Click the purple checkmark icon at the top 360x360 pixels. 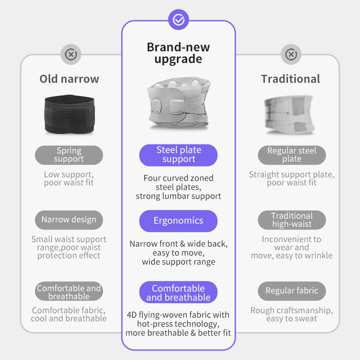178,19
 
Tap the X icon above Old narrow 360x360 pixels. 71,54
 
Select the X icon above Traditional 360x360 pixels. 291,54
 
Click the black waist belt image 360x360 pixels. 69,114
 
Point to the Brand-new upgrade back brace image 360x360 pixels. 179,103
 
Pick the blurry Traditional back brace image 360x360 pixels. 289,115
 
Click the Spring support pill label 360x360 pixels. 69,155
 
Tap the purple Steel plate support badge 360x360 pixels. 178,155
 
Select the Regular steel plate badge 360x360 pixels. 292,155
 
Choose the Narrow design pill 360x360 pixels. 69,220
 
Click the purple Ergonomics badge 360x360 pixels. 178,221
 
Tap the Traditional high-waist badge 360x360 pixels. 292,220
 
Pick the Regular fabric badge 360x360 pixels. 292,291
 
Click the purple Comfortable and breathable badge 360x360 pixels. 178,292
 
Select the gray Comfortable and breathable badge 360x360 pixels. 69,291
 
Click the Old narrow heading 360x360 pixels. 69,79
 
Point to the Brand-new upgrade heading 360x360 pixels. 178,53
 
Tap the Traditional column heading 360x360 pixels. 290,79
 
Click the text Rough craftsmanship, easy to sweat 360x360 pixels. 292,314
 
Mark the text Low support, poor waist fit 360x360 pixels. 69,178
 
